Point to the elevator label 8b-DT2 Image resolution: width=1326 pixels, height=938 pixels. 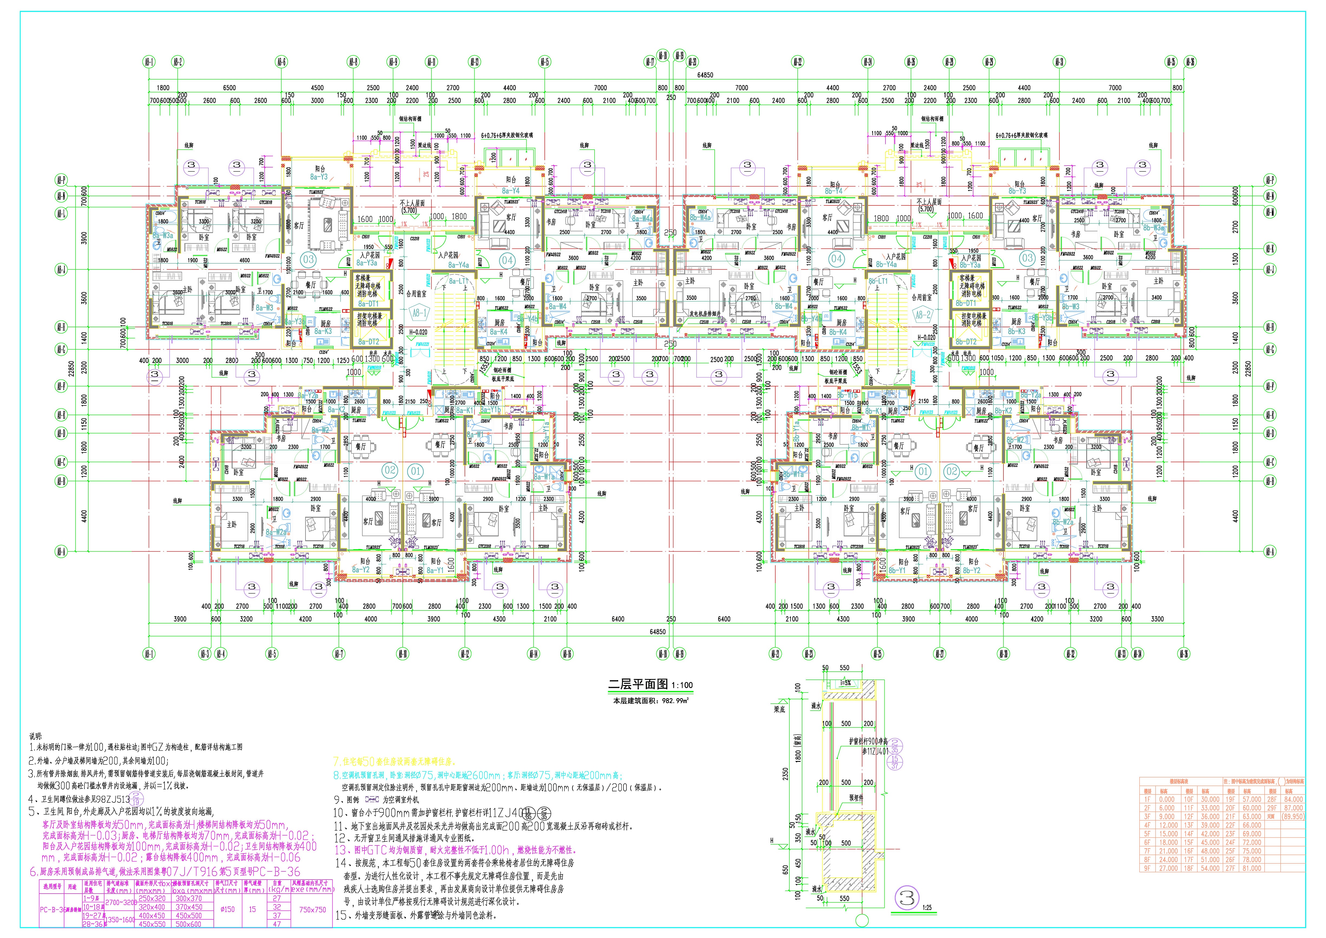(x=966, y=341)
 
